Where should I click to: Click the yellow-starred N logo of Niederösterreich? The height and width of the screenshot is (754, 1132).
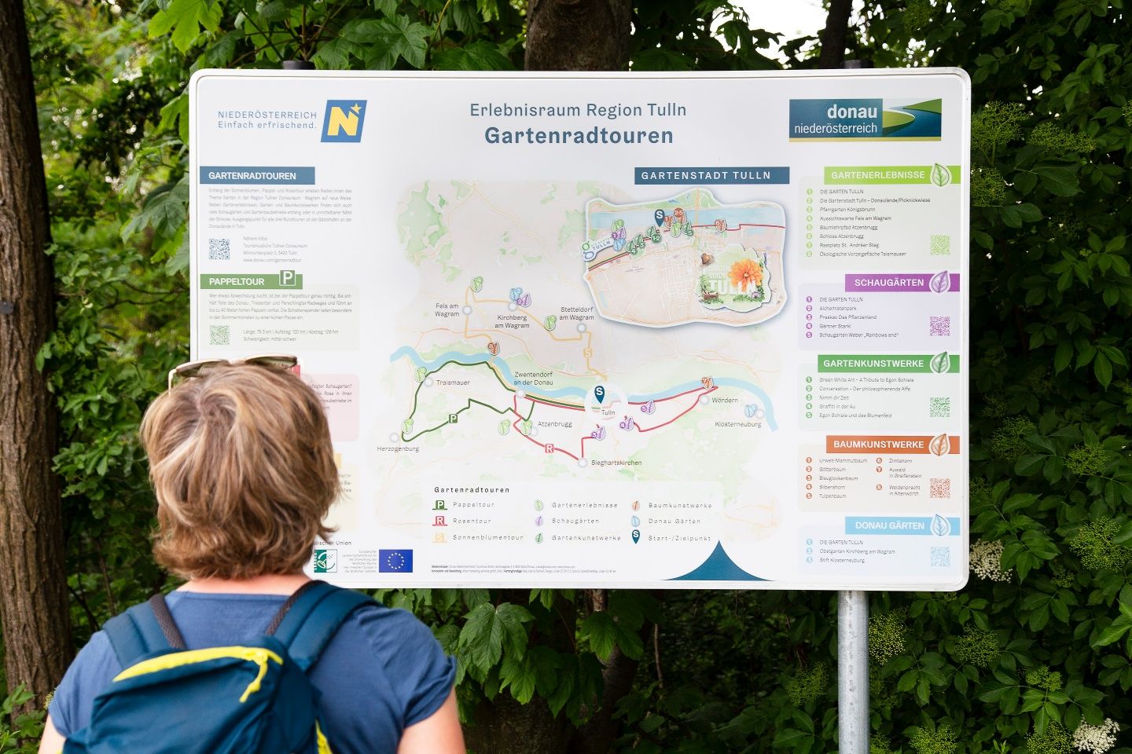point(344,121)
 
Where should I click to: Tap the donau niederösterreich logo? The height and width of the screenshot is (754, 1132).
point(865,119)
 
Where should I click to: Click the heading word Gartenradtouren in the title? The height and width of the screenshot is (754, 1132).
point(579,136)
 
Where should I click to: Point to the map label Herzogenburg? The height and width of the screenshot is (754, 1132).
point(398,448)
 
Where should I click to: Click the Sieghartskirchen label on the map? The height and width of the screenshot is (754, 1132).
point(616,463)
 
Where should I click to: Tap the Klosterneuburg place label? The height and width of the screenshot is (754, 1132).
point(737,424)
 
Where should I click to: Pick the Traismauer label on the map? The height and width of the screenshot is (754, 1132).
point(453,382)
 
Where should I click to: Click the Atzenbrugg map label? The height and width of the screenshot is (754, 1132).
point(554,424)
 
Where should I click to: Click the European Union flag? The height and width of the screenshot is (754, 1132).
point(395,561)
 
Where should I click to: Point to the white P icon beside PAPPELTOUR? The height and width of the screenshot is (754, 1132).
point(288,278)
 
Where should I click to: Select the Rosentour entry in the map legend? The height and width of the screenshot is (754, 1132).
point(472,521)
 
